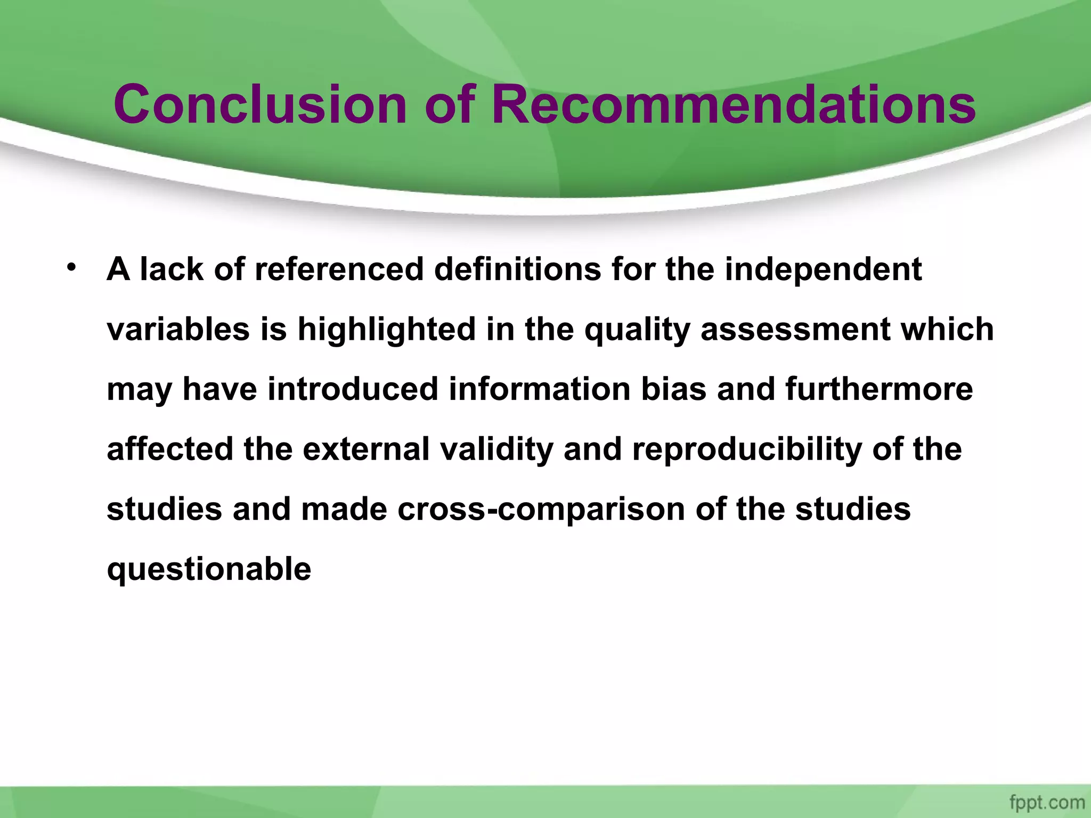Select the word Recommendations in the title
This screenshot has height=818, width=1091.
pyautogui.click(x=733, y=104)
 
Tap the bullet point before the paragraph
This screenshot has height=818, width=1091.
pyautogui.click(x=71, y=266)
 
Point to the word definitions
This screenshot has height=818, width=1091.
pyautogui.click(x=517, y=269)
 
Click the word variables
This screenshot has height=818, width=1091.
pyautogui.click(x=178, y=329)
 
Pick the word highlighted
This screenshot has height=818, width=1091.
pyautogui.click(x=386, y=329)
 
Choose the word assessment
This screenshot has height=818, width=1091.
pyautogui.click(x=795, y=329)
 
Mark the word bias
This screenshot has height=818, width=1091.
pyautogui.click(x=673, y=389)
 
